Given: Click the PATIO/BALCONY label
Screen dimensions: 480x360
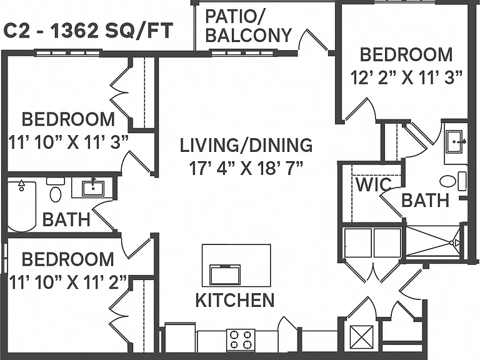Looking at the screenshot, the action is tap(248, 26).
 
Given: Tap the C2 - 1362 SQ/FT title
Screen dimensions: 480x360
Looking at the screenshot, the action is tap(88, 31).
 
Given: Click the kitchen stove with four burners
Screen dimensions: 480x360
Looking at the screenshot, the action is tap(241, 339).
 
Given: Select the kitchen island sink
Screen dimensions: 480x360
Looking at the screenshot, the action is tap(225, 274).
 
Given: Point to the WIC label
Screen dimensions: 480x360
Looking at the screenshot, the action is tap(374, 184).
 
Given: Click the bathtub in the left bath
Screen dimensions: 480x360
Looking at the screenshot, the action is tap(21, 206).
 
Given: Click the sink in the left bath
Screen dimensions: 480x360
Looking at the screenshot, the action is tap(93, 188).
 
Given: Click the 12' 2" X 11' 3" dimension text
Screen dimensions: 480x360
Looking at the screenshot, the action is tap(406, 77).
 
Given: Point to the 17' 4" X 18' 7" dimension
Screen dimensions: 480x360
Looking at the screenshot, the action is tap(246, 168).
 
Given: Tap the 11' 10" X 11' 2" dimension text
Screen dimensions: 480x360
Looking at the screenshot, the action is tap(67, 282).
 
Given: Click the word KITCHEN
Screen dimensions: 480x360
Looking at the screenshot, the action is tap(235, 300).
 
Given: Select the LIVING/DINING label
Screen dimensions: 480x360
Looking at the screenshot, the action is tap(246, 145).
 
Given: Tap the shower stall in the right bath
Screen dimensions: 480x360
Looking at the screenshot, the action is tap(433, 242).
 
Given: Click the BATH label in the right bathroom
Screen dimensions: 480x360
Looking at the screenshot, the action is tap(425, 200).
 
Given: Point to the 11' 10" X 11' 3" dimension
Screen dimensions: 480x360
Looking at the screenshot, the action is tap(68, 142).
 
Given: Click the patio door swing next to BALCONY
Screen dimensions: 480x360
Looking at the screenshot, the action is tap(314, 40).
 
